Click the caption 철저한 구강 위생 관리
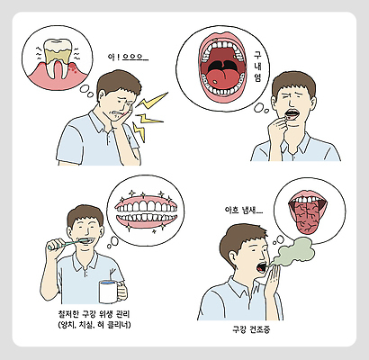pyautogui.click(x=90, y=313)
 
